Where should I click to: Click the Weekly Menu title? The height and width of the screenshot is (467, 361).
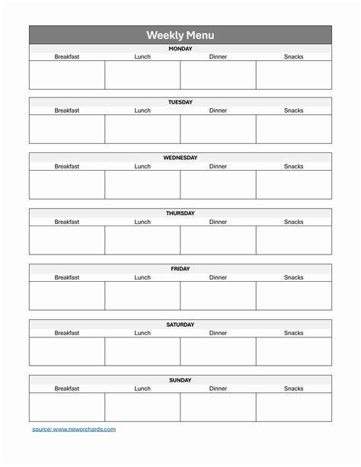[x=180, y=35]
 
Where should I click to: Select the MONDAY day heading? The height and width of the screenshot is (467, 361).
[x=180, y=49]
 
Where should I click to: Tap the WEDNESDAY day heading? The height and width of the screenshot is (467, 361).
[x=180, y=158]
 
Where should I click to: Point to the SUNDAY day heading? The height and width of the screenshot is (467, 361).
[x=180, y=380]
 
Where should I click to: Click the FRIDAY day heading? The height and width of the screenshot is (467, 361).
[x=180, y=269]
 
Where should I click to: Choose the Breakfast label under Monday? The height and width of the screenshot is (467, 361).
[x=67, y=57]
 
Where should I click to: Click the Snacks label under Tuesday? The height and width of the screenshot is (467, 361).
[x=294, y=110]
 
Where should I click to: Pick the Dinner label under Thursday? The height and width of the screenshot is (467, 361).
[x=219, y=222]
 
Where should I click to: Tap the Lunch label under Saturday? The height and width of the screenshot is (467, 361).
[x=142, y=333]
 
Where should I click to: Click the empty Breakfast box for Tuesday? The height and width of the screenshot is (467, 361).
[x=67, y=129]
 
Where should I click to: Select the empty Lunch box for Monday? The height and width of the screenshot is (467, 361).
[x=142, y=75]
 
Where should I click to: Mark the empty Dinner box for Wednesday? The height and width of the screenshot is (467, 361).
[x=219, y=184]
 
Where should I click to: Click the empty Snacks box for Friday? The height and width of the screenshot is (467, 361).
[x=294, y=296]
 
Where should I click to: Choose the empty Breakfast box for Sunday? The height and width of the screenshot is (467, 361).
[x=67, y=407]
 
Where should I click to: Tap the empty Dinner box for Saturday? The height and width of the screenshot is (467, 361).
[x=219, y=351]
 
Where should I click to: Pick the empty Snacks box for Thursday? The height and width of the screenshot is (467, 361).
[x=294, y=240]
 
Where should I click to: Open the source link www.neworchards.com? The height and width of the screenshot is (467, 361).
[x=74, y=430]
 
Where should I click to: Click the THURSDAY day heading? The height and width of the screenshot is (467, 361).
[x=180, y=213]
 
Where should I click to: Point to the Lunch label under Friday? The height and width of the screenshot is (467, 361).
[x=142, y=277]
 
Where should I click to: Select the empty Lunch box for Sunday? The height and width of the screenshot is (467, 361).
[x=142, y=407]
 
